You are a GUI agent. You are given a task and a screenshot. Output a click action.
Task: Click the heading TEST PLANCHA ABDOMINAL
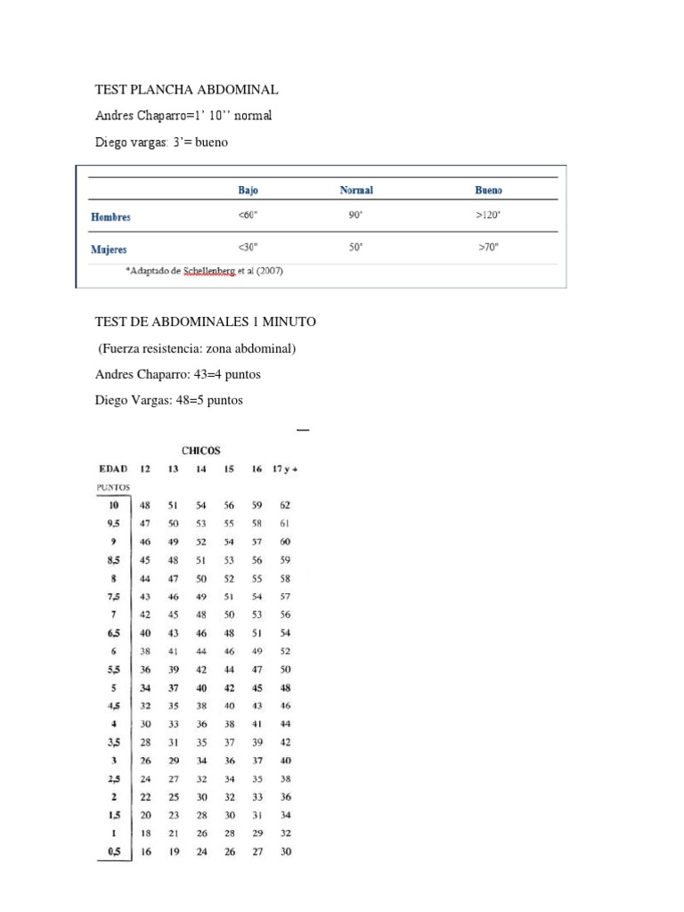point(187,90)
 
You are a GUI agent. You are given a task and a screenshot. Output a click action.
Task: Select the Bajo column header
point(248,190)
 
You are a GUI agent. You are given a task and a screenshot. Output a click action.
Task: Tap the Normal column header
point(356,190)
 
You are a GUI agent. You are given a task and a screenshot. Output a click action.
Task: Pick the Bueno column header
point(488,190)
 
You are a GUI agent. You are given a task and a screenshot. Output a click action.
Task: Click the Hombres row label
point(110,216)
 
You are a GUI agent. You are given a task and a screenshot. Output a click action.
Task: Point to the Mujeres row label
point(109,249)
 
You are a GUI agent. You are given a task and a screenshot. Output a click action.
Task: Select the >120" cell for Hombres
point(489,216)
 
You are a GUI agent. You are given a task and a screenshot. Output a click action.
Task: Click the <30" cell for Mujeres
point(248,248)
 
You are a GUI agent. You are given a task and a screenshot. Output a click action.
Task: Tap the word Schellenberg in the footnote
point(211,272)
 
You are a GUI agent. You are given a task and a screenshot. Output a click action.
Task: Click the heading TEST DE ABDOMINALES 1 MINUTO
point(206,322)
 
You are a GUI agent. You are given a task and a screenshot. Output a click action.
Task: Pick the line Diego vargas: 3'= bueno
point(156,142)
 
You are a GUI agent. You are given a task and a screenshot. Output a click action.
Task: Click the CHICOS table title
point(200,452)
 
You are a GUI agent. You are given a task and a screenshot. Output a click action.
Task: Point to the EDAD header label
point(112,468)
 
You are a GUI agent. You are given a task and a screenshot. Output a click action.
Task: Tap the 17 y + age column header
point(284,468)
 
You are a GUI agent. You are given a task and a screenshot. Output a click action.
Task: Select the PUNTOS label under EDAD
point(113,487)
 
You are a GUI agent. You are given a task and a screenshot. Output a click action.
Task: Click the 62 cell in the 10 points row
point(285,505)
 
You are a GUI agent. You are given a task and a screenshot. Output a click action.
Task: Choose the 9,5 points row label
point(114,524)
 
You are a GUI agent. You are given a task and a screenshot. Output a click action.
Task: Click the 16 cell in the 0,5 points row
point(145,852)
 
